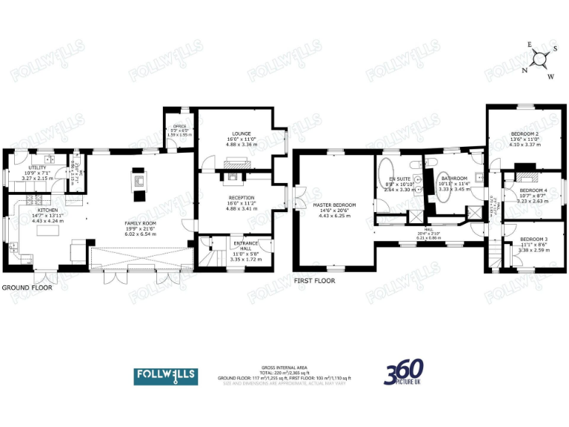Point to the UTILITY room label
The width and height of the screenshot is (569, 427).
click(x=17, y=168)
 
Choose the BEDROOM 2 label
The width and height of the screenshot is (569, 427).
click(x=524, y=133)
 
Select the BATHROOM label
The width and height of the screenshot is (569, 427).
click(x=454, y=179)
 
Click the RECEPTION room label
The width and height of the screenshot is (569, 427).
click(x=241, y=198)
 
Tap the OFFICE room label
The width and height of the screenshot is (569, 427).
click(x=179, y=127)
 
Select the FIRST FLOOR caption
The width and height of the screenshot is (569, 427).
click(x=314, y=281)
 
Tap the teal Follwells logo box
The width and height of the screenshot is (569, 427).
click(x=166, y=377)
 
